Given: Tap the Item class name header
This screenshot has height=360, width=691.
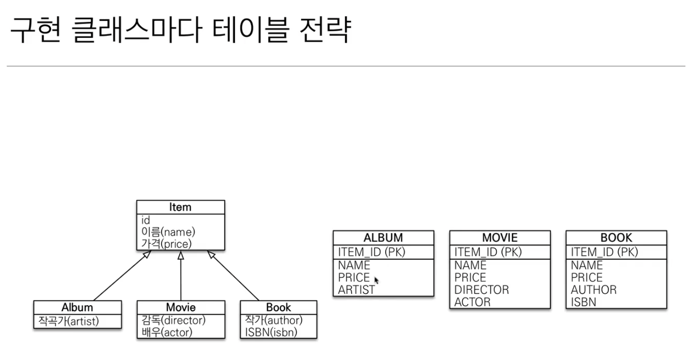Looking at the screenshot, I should pyautogui.click(x=180, y=207).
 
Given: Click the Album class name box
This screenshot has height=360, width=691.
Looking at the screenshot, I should pyautogui.click(x=77, y=308).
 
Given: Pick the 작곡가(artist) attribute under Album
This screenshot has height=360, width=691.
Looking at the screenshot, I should pyautogui.click(x=69, y=321).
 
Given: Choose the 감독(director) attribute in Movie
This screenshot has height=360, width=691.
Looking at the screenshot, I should pyautogui.click(x=173, y=320).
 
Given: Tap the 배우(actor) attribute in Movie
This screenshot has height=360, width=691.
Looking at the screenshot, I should pyautogui.click(x=167, y=332).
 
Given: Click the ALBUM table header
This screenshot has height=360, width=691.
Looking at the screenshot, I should pyautogui.click(x=383, y=237).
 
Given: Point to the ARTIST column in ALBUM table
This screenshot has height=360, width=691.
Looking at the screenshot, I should pyautogui.click(x=356, y=290).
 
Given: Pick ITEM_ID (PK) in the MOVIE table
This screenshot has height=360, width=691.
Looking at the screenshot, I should pyautogui.click(x=488, y=252).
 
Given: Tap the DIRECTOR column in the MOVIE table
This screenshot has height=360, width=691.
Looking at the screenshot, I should pyautogui.click(x=482, y=290).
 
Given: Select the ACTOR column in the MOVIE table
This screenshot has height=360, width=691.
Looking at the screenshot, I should pyautogui.click(x=472, y=302).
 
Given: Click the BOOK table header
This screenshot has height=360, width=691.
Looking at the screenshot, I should pyautogui.click(x=616, y=237).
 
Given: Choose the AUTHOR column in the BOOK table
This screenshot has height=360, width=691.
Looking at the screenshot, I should pyautogui.click(x=594, y=290).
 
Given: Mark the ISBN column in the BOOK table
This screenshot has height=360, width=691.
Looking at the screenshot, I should pyautogui.click(x=583, y=302).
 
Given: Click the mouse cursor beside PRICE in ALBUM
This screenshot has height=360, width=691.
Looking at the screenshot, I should pyautogui.click(x=377, y=280).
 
